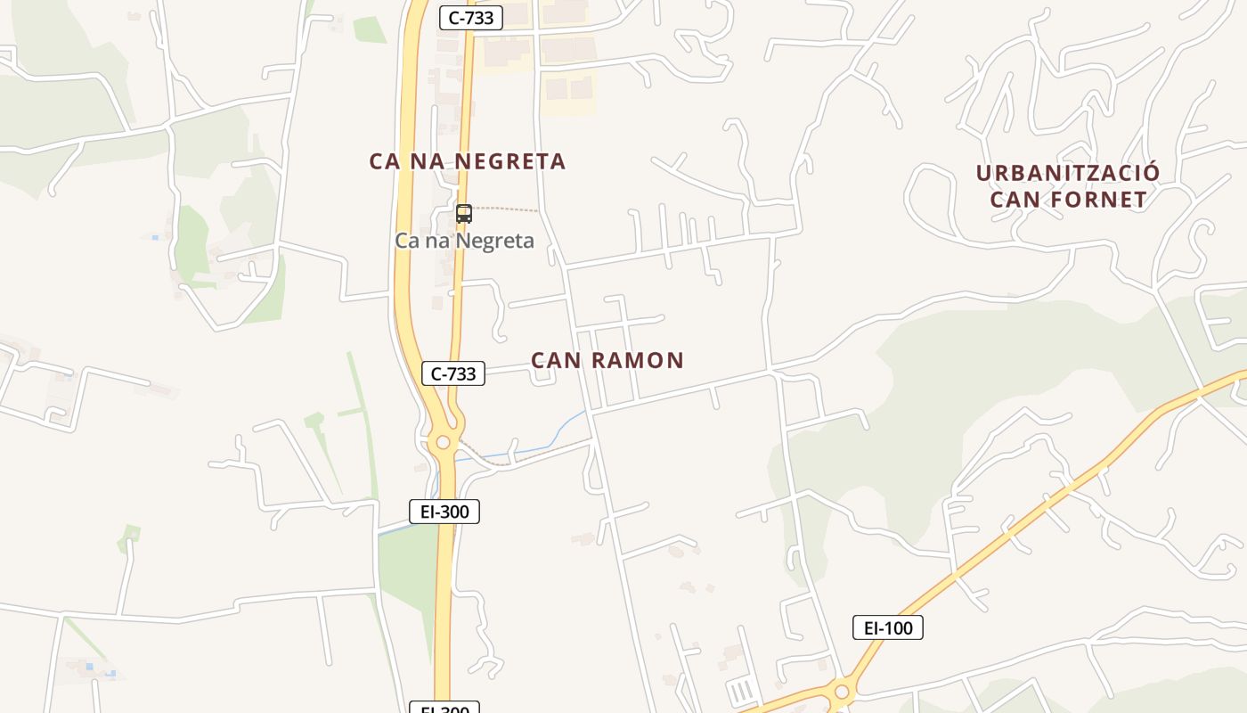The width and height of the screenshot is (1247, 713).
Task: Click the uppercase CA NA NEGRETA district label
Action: [x=468, y=161]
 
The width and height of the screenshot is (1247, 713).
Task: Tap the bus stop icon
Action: [x=463, y=213]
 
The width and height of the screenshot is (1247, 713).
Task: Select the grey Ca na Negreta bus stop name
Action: [x=464, y=241]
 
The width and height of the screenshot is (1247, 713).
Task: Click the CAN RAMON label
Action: [x=607, y=360]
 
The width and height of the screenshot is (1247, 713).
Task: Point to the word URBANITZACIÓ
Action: [x=1068, y=173]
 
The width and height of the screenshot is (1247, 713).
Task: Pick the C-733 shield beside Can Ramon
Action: [x=453, y=374]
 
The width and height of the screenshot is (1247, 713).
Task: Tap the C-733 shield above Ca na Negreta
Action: [x=471, y=17]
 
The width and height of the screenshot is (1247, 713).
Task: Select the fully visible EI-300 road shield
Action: [x=444, y=512]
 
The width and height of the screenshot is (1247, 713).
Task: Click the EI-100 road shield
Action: [x=888, y=627]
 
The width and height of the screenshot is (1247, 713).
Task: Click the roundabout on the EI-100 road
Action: [x=841, y=692]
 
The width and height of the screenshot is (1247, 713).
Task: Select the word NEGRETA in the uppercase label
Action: [x=510, y=161]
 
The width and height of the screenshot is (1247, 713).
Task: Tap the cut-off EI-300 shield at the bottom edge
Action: [x=444, y=709]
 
